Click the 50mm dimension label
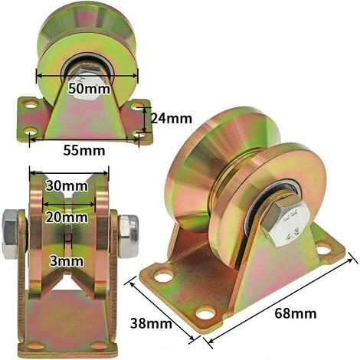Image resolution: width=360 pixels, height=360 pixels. pyautogui.click(x=88, y=89)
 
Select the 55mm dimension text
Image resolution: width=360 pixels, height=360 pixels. pyautogui.click(x=84, y=149)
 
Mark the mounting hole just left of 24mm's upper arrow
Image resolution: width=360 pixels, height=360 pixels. pyautogui.click(x=139, y=103)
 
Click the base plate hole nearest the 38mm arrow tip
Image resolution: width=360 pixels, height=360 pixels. pyautogui.click(x=164, y=273)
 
